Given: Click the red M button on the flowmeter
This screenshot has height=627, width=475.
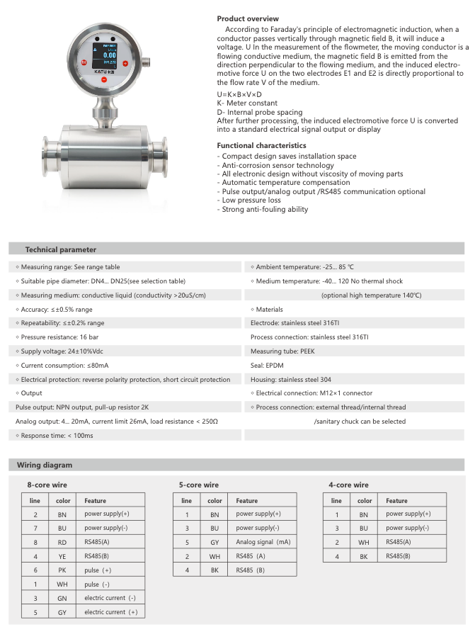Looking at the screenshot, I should point(83,62).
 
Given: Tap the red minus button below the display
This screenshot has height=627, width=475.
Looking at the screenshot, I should point(105,79).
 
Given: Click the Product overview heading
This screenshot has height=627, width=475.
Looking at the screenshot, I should point(248,18).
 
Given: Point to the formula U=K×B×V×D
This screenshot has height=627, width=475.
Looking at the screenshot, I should point(239,94).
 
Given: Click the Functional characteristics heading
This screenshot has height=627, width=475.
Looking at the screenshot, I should point(261,145).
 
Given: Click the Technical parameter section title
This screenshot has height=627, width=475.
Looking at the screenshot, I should point(61,249).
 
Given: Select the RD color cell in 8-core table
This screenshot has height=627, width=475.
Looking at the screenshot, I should point(62,542).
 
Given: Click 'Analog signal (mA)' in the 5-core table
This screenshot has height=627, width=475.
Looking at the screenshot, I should point(263,542).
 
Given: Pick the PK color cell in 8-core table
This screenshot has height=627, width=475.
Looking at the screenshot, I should point(62,570).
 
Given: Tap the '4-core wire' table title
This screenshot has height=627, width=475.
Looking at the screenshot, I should point(348,485).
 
